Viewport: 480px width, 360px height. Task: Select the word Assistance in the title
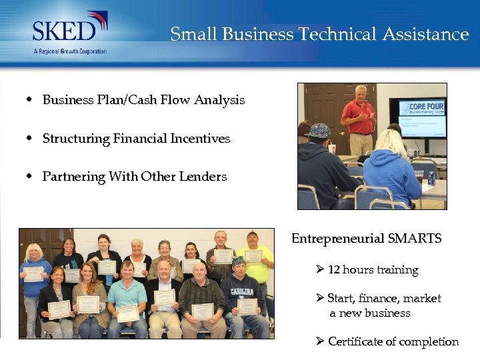pos(425,34)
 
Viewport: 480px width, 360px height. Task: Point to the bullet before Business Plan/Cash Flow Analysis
pos(30,100)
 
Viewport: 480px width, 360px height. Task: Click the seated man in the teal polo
pos(127,297)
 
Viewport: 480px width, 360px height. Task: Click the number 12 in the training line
pos(334,270)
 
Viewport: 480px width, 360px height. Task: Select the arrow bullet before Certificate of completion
pos(320,341)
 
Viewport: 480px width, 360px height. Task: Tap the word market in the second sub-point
pos(423,299)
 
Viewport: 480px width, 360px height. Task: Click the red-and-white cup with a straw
pos(332,148)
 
